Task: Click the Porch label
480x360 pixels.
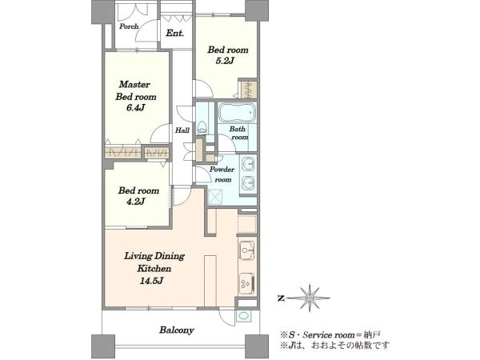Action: (129, 26)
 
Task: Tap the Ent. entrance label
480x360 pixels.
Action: (175, 33)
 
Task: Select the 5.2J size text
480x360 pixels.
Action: (225, 61)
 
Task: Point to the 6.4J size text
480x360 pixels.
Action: (136, 108)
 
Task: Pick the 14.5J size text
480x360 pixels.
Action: (151, 281)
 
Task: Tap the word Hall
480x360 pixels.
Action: (182, 130)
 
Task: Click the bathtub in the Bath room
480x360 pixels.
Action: (237, 113)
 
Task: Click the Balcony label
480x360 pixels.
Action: (177, 330)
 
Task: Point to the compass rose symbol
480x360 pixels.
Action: (310, 298)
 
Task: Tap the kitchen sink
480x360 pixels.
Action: (246, 250)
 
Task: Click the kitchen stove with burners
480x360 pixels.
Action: (247, 283)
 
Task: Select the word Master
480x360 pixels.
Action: (134, 84)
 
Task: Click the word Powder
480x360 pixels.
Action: (222, 170)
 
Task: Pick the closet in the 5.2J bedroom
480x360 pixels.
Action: (248, 89)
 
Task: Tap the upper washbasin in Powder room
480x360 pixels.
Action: (248, 165)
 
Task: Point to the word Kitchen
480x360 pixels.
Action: (154, 269)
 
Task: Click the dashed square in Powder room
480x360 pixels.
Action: (215, 197)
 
